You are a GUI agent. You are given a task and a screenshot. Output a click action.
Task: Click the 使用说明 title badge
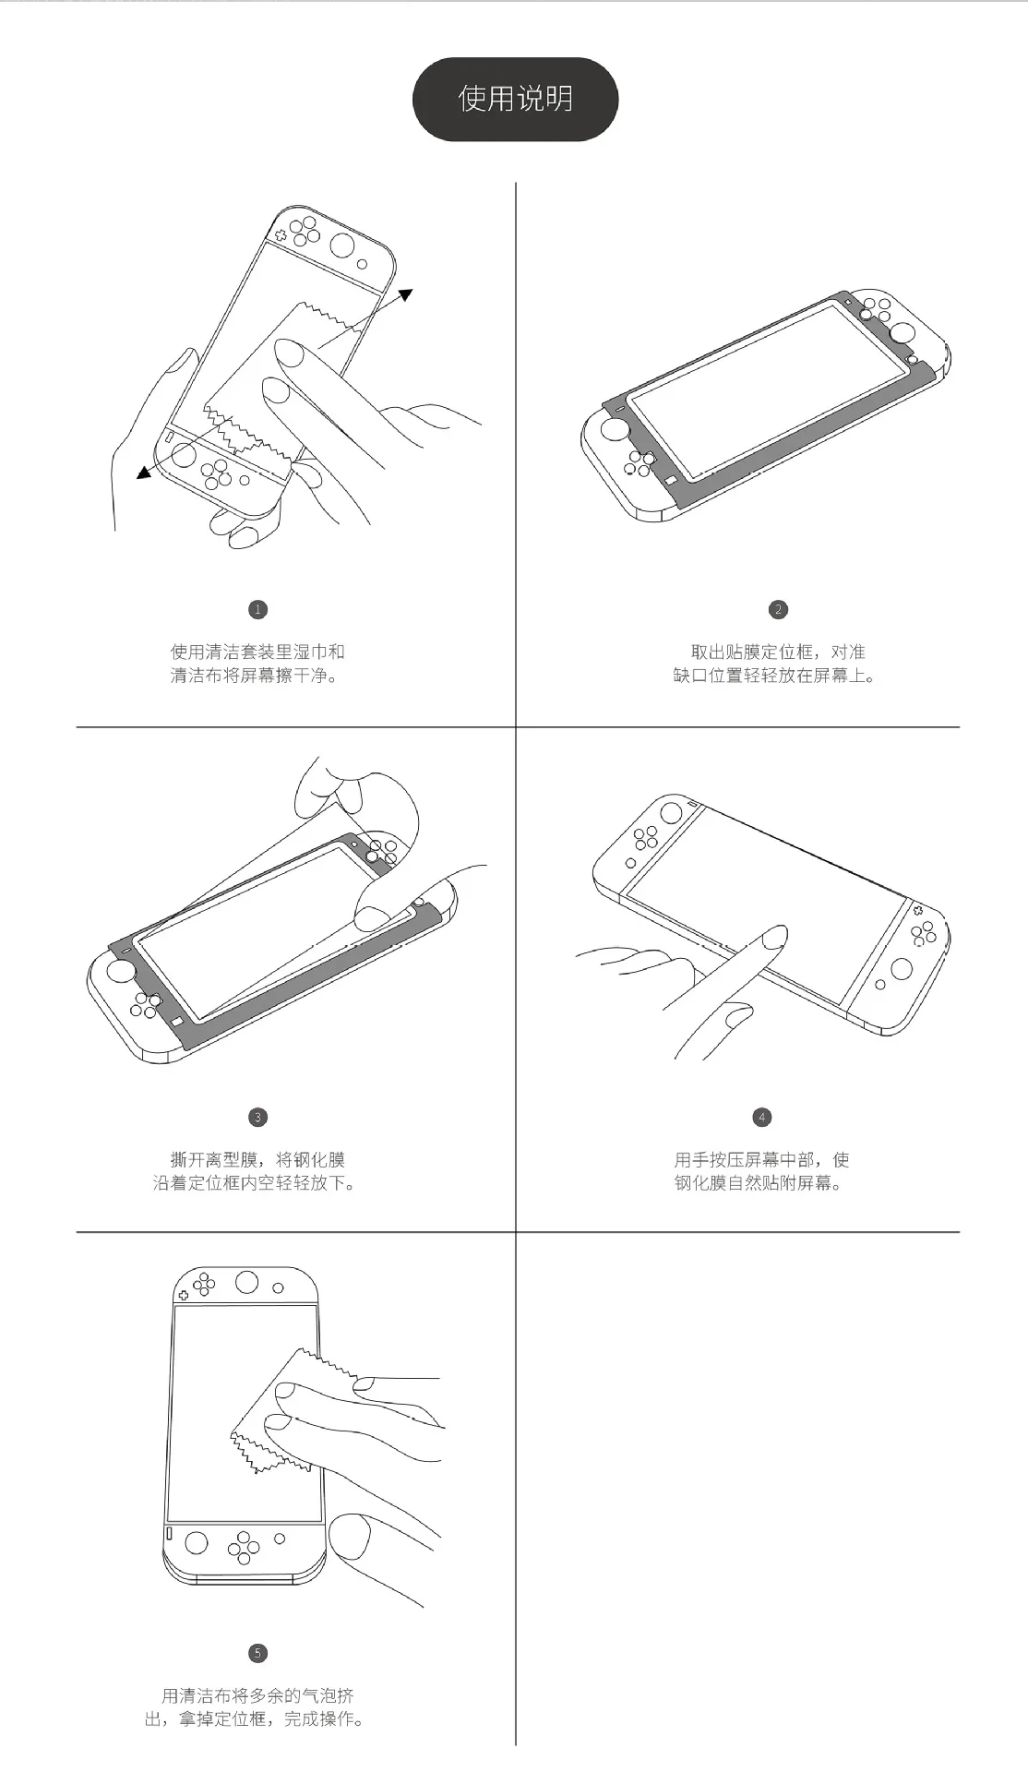tap(515, 99)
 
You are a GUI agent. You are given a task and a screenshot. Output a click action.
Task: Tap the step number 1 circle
tap(257, 609)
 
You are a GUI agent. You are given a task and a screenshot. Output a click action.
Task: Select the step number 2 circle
tap(778, 609)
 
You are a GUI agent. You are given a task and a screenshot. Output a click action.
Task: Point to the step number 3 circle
tap(257, 1117)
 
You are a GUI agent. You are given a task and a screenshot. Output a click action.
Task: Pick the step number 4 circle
tap(761, 1117)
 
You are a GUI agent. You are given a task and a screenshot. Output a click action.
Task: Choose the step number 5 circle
tap(257, 1652)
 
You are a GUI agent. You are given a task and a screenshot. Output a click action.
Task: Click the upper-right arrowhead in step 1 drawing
tap(405, 295)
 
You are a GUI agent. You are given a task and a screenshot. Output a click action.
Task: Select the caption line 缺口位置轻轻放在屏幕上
tap(774, 676)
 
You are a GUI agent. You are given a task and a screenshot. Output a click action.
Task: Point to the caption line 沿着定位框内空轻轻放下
tap(254, 1183)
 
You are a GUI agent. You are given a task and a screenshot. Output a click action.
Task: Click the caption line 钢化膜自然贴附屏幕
tap(758, 1183)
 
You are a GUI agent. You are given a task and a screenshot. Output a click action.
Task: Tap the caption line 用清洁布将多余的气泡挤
tap(257, 1695)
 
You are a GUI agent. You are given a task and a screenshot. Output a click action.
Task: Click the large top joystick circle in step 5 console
tap(246, 1282)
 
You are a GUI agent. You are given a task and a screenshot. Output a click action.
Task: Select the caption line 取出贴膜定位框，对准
tap(778, 652)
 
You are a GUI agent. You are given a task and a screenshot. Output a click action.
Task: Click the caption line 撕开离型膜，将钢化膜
tap(257, 1159)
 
